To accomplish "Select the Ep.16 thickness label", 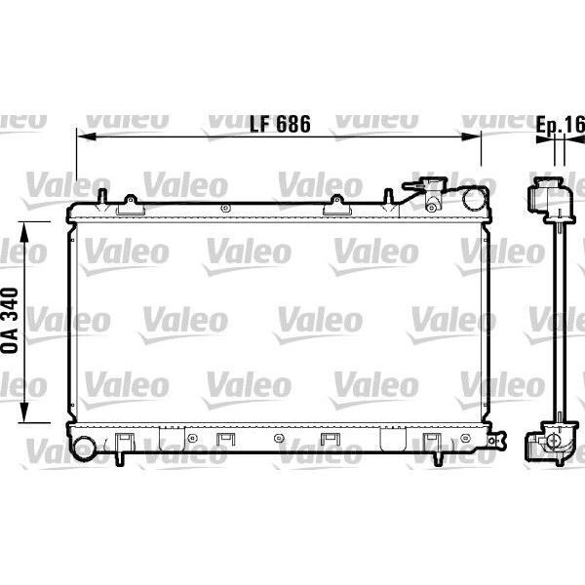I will (x=560, y=124).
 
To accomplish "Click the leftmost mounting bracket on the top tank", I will (x=131, y=205).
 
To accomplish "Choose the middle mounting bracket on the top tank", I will (x=336, y=205).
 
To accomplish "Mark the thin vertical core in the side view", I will (x=558, y=322).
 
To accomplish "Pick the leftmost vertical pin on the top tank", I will (x=101, y=196).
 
